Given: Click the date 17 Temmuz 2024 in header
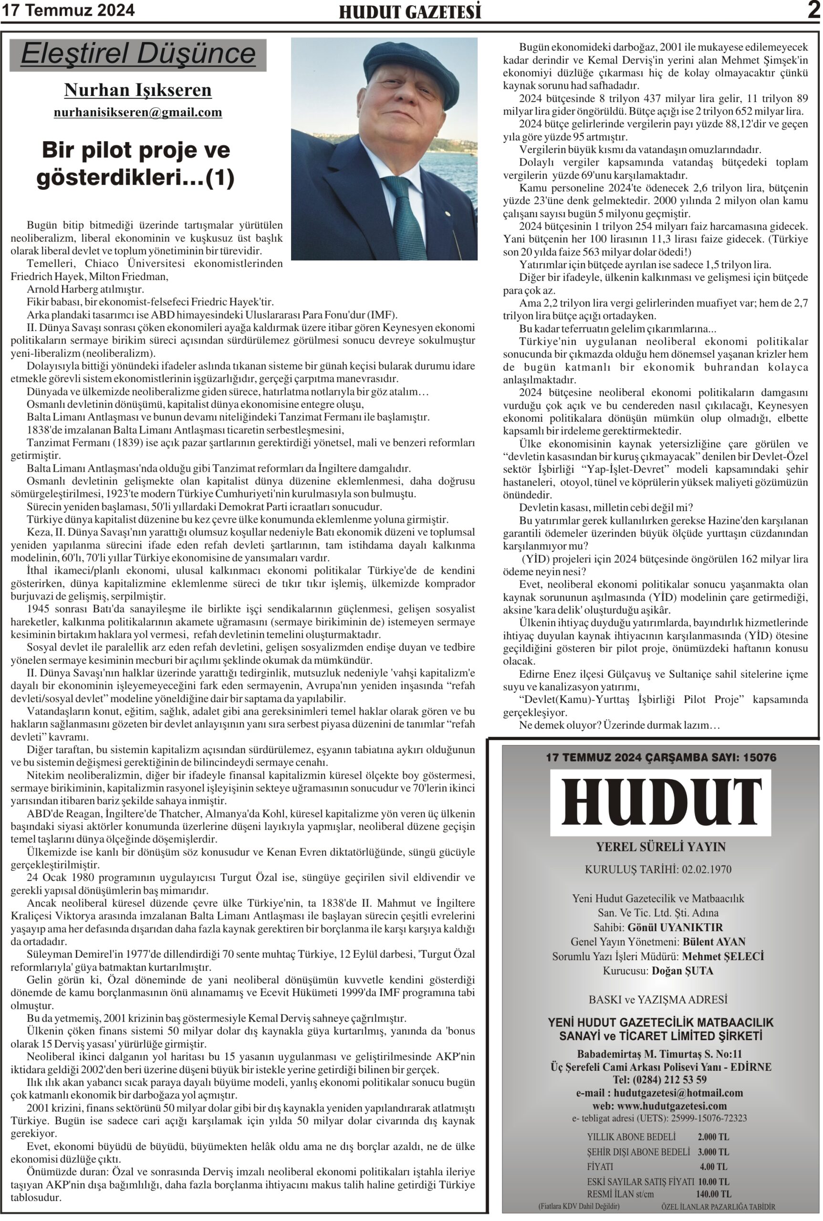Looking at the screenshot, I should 68,10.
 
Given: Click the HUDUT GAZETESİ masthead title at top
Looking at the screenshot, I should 410,12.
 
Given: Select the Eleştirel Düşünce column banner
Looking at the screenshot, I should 138,54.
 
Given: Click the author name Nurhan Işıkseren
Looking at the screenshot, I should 137,90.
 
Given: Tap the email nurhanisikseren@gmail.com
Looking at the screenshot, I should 137,112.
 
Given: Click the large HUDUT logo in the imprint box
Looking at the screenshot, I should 660,802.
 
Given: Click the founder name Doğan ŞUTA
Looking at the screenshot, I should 682,971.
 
